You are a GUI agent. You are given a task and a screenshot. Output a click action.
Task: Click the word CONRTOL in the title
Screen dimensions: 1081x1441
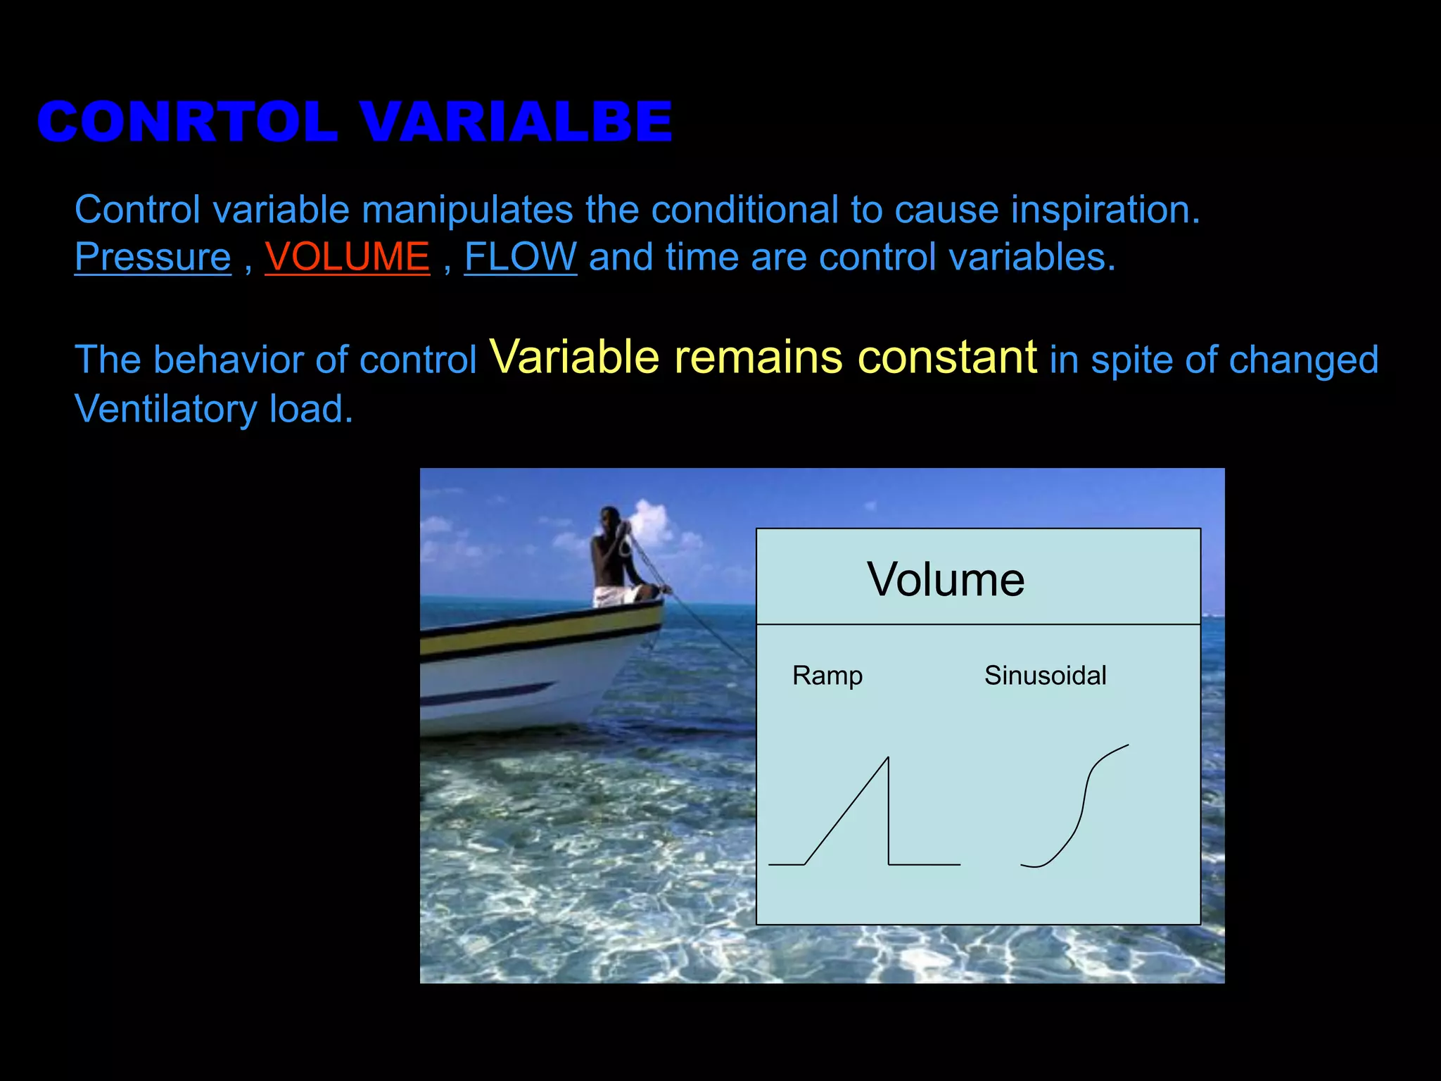pyautogui.click(x=187, y=122)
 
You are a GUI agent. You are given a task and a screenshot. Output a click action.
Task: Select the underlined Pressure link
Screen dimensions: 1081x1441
pyautogui.click(x=153, y=258)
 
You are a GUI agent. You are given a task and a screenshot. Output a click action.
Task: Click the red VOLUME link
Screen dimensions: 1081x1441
pyautogui.click(x=347, y=258)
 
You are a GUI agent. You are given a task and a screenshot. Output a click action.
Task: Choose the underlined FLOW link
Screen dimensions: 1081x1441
pyautogui.click(x=520, y=258)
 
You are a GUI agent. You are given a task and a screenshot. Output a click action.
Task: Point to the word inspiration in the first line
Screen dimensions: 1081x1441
pyautogui.click(x=1105, y=210)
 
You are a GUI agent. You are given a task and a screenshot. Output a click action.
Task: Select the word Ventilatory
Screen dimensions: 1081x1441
pyautogui.click(x=166, y=410)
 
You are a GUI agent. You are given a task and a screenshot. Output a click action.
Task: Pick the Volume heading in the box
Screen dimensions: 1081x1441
pyautogui.click(x=945, y=580)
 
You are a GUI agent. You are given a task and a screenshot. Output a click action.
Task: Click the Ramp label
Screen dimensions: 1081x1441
pyautogui.click(x=827, y=676)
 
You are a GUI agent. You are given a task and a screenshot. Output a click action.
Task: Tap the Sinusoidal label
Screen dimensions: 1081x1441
pyautogui.click(x=1045, y=676)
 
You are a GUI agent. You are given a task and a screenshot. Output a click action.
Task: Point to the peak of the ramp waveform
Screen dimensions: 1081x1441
pyautogui.click(x=887, y=759)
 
